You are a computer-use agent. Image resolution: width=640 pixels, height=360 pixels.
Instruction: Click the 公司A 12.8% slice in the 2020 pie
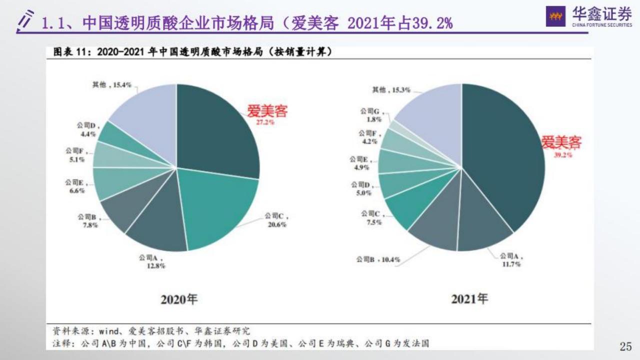point(160,220)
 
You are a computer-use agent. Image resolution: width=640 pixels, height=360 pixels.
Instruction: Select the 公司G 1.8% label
point(371,115)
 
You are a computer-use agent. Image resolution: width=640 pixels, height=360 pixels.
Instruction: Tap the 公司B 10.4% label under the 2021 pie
point(378,260)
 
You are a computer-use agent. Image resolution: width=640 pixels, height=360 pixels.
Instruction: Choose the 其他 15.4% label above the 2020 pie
point(111,85)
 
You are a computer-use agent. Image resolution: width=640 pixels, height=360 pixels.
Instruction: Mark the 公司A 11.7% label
point(511,260)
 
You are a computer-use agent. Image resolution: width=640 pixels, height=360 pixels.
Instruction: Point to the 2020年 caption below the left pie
point(179,299)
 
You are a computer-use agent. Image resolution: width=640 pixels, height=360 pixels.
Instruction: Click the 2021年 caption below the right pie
point(469,299)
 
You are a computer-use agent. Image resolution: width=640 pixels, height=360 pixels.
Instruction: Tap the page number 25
point(625,346)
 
